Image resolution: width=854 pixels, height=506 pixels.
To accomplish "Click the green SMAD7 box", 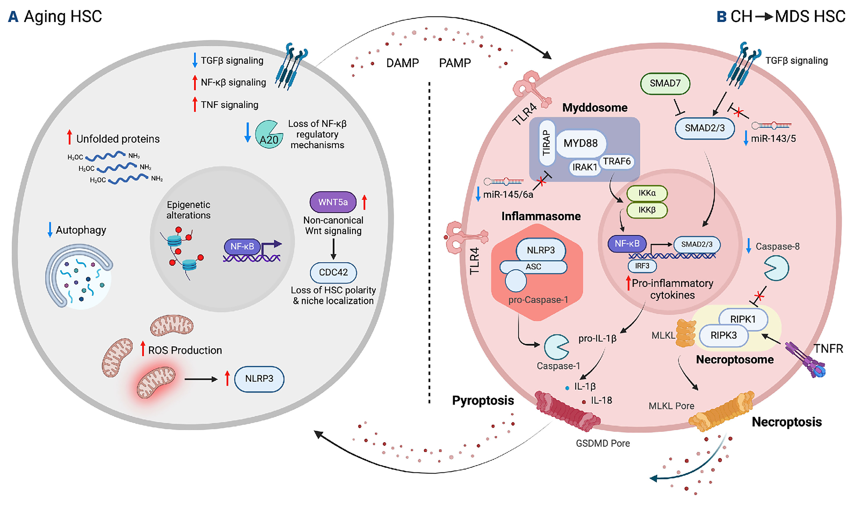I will pos(665,84).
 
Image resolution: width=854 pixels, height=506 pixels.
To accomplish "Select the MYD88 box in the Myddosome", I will pos(581,143).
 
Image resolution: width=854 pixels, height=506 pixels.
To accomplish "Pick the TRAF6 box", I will pos(617,161).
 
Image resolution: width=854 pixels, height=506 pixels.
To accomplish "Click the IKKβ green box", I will pos(647,210).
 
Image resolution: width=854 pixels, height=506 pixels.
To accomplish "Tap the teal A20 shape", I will pos(268,135).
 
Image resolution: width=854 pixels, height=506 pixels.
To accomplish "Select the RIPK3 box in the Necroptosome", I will pos(723,336).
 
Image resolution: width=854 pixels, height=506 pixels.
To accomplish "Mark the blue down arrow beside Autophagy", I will pos(50,230).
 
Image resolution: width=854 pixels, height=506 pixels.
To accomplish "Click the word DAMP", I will pos(402,63).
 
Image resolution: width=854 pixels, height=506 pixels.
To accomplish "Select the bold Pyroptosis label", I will pos(483,401).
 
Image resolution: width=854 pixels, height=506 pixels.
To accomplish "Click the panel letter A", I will pos(13,16).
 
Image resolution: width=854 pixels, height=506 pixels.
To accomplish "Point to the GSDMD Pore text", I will pos(602,443).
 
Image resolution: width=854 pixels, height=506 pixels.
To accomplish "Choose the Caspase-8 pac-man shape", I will pos(776,268).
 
